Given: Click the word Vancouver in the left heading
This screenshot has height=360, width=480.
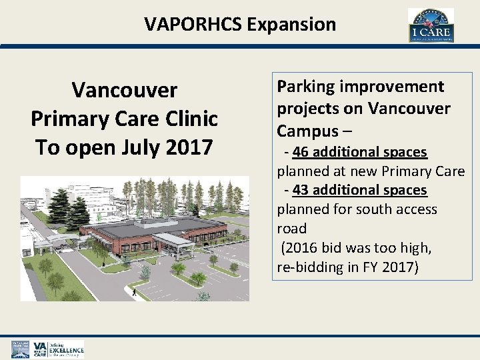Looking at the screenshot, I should click(124, 89).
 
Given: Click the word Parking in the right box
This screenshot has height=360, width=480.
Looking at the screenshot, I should click(307, 87).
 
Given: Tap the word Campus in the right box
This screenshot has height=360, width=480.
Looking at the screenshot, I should click(304, 131).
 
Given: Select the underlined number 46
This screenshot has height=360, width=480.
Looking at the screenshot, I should click(300, 153).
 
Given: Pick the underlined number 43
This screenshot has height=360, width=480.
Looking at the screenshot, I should click(300, 190).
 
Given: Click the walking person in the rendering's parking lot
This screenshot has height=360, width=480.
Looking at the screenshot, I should click(133, 291).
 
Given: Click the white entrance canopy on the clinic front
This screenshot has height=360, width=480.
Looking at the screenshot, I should click(174, 239).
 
